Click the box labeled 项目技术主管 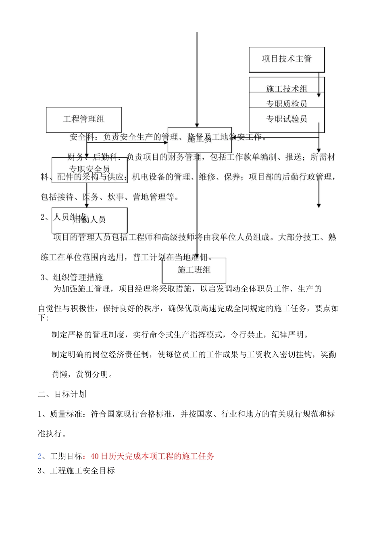[287, 59]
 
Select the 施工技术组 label [287, 88]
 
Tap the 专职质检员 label [287, 104]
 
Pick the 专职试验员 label [287, 119]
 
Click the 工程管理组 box [84, 119]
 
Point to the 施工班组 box [194, 270]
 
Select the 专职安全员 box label [90, 169]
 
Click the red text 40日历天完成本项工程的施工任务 [152, 456]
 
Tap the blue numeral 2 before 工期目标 [40, 456]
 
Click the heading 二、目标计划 [62, 394]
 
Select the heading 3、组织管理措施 [72, 277]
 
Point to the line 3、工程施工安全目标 [76, 471]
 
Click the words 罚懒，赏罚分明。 [83, 374]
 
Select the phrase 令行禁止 [247, 334]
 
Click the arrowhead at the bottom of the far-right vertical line [319, 206]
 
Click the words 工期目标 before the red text [67, 456]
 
